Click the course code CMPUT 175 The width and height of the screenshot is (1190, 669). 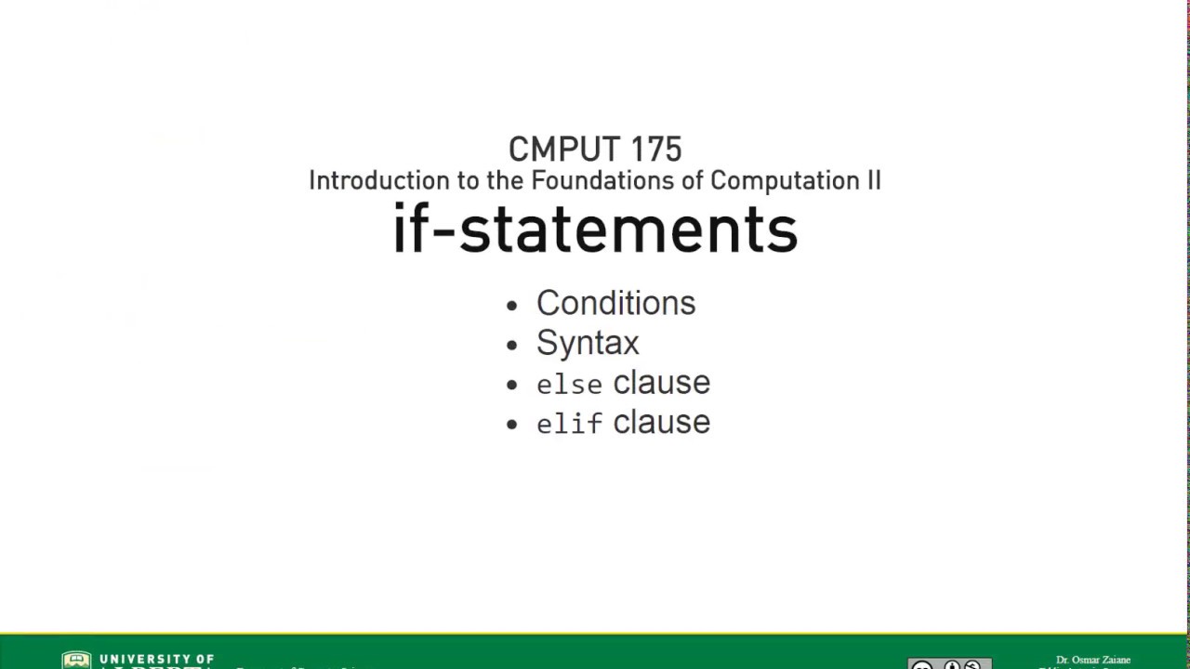click(595, 150)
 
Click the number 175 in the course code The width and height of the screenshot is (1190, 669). click(655, 150)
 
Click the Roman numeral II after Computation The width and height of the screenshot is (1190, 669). click(873, 180)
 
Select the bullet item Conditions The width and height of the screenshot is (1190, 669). click(615, 303)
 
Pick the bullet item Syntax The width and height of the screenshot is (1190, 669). click(588, 343)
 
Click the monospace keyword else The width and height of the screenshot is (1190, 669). click(569, 384)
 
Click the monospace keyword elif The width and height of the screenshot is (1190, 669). click(569, 424)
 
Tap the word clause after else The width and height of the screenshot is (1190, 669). click(661, 383)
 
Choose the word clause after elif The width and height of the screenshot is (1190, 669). click(661, 423)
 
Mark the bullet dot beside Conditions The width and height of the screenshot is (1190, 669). click(512, 306)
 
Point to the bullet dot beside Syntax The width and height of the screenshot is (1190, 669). click(512, 346)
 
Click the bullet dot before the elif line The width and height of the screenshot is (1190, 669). click(512, 426)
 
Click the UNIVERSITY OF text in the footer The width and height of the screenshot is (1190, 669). click(156, 659)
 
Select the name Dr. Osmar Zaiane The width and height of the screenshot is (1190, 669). click(1093, 660)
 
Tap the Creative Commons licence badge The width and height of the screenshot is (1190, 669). click(949, 663)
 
